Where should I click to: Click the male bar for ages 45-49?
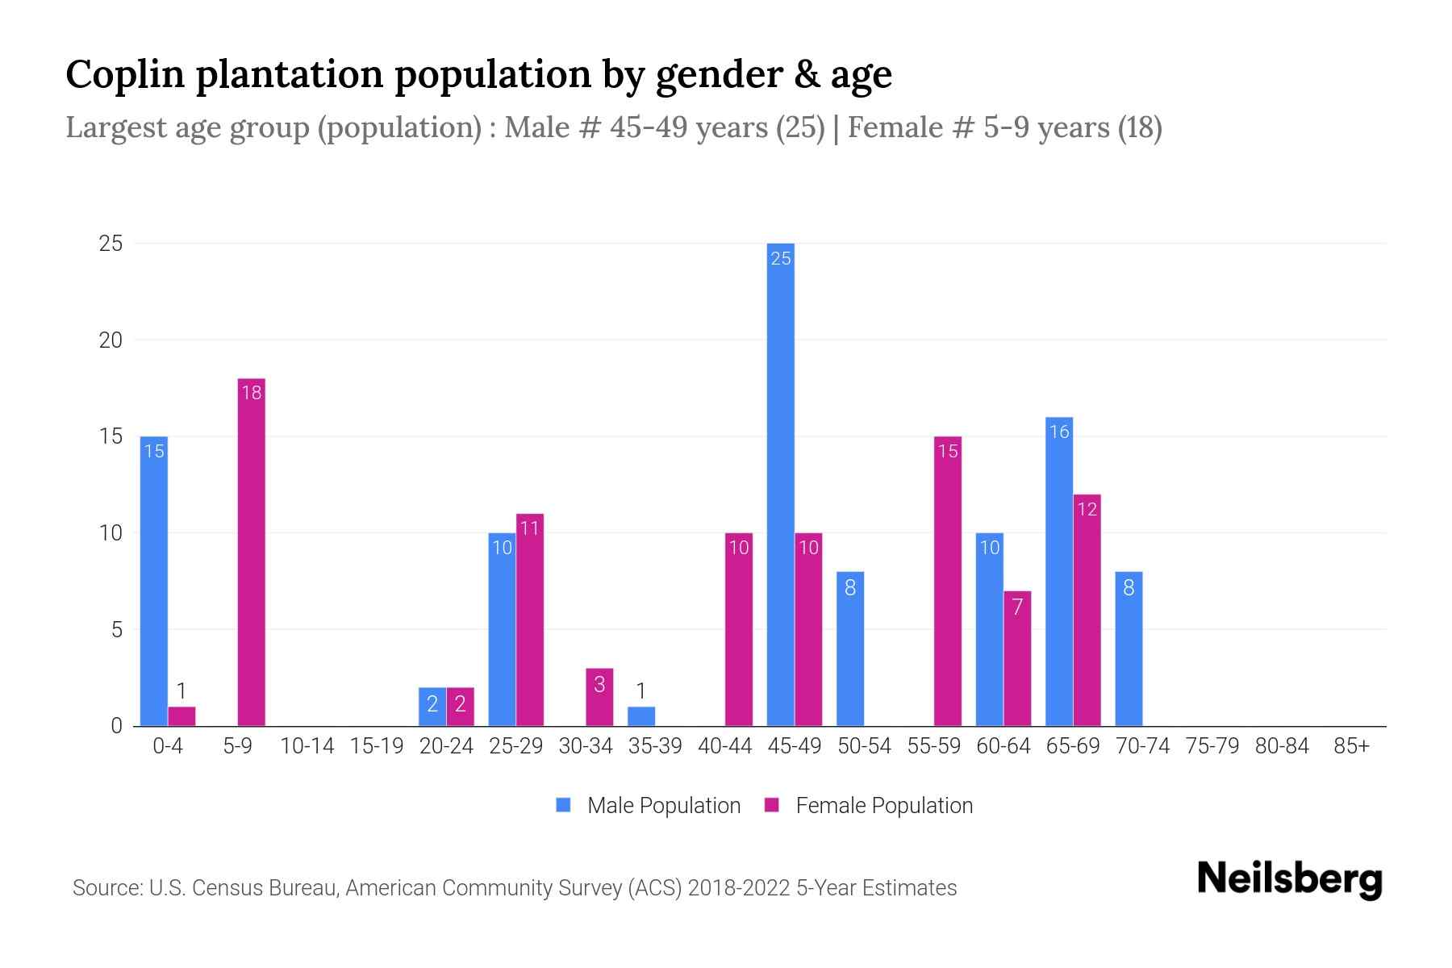780,484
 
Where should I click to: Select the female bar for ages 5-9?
252,553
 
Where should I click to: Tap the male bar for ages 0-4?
154,581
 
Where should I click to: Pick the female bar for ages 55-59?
948,581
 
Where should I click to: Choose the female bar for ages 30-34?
599,697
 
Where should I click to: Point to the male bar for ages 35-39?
641,716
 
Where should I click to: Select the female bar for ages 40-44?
739,629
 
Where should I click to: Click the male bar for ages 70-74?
1129,649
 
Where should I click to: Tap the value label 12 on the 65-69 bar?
1087,509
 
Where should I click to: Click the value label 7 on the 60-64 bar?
1017,607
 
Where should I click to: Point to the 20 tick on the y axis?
111,340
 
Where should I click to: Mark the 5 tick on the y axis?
117,629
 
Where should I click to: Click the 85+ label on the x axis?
1351,746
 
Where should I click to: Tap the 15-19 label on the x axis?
377,746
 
